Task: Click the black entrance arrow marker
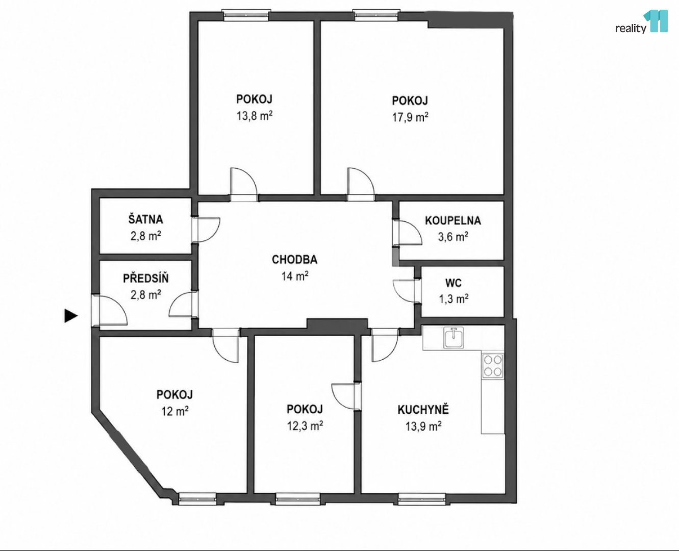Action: click(x=71, y=315)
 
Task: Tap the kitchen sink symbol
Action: click(x=454, y=338)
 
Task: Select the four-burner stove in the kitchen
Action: click(x=493, y=366)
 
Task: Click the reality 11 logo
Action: click(x=641, y=21)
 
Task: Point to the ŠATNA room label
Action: click(x=146, y=219)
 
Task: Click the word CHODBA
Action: click(x=294, y=259)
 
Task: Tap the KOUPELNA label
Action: click(x=452, y=220)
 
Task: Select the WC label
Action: click(x=454, y=283)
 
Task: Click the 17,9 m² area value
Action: click(x=410, y=117)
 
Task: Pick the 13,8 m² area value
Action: click(x=255, y=116)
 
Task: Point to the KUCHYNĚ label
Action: click(x=423, y=409)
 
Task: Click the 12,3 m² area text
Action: click(x=305, y=425)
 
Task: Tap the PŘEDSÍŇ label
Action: click(x=146, y=278)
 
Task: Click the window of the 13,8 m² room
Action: click(x=246, y=15)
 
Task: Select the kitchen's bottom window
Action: click(x=422, y=499)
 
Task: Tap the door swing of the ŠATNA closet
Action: click(x=207, y=230)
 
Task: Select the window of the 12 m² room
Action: click(x=197, y=499)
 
